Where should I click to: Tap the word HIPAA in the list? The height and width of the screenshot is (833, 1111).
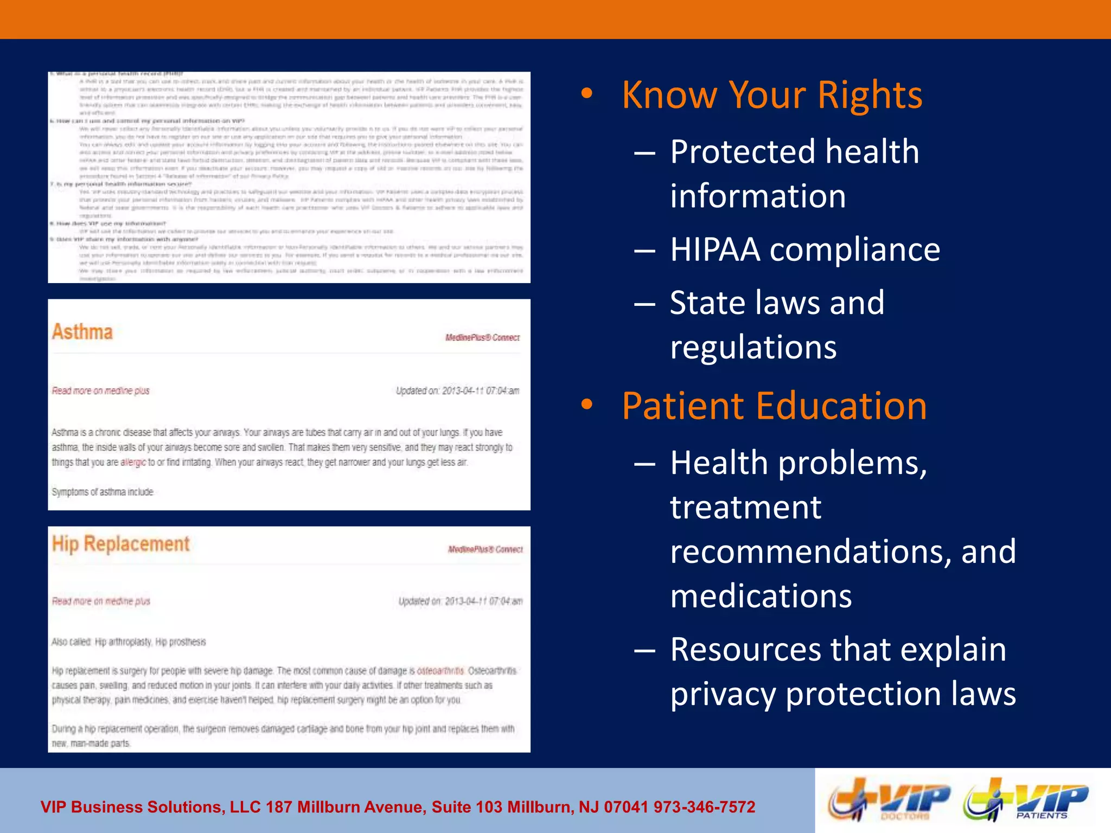715,250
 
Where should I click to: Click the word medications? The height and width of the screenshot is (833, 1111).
761,596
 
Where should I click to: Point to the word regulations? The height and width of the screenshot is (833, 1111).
753,347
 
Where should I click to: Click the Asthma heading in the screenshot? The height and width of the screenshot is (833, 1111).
82,332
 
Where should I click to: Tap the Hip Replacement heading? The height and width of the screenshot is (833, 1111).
120,544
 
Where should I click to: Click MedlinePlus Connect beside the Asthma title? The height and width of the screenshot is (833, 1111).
482,338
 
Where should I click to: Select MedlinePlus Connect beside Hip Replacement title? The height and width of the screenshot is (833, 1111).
485,549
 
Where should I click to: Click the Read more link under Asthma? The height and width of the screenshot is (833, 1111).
100,391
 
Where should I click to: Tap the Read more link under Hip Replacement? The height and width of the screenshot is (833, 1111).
101,601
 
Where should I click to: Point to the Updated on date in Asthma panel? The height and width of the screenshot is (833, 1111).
457,391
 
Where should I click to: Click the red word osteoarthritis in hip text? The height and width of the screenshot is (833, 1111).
440,671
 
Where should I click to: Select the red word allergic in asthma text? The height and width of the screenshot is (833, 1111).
133,463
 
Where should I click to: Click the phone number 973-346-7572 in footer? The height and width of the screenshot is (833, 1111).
704,807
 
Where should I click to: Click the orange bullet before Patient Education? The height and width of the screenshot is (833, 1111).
587,405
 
